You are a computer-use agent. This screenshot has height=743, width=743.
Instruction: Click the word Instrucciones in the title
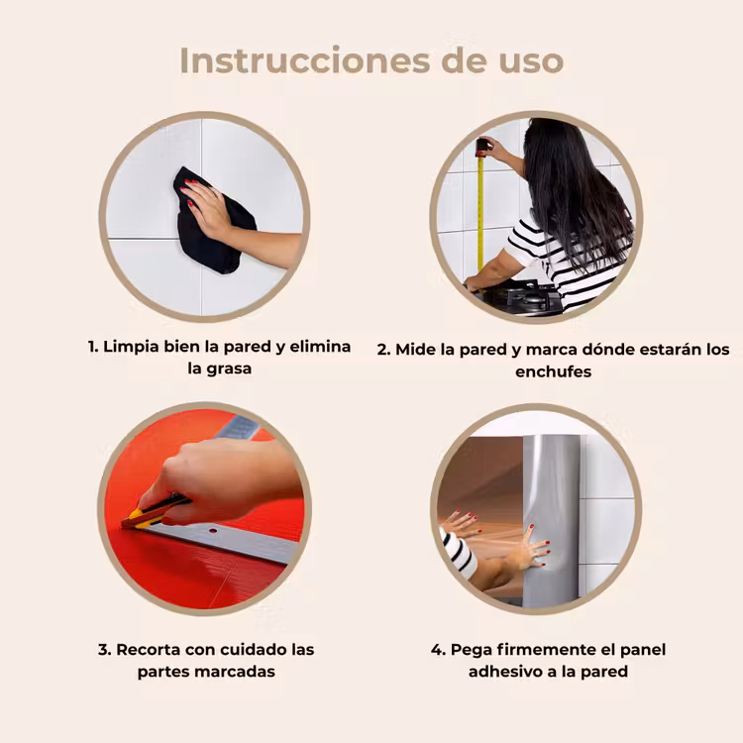(305, 60)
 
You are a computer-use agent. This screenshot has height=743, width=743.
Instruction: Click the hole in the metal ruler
(214, 531)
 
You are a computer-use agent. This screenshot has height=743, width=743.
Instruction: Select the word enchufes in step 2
(553, 371)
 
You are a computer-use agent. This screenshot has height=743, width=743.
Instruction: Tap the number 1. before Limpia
(93, 347)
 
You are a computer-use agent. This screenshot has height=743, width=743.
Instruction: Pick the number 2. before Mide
(383, 350)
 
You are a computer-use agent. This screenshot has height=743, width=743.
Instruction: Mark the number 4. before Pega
(438, 650)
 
